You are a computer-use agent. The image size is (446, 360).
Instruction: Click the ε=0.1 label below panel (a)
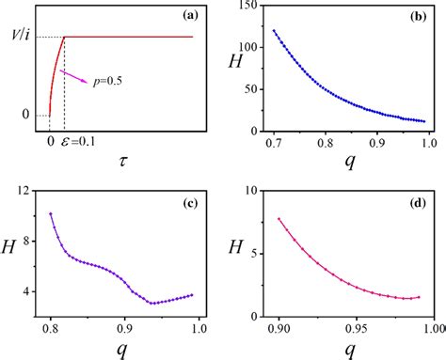pos(74,148)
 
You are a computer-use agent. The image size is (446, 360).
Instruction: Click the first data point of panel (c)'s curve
pos(51,214)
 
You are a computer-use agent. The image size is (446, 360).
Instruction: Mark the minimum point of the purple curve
pos(151,303)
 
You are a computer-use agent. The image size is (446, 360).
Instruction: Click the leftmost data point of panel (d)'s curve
pos(279,219)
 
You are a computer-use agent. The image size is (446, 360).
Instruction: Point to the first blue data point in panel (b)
pos(276,31)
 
